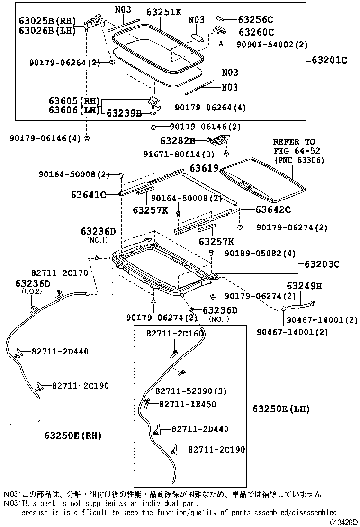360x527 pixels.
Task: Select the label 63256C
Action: point(256,20)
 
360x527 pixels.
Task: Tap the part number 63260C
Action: point(256,32)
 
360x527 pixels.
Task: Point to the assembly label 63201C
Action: point(329,60)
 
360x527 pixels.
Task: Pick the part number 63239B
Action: point(124,113)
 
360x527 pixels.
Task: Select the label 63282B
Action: point(177,141)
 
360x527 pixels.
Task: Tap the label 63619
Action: point(204,168)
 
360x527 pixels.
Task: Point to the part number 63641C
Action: point(89,194)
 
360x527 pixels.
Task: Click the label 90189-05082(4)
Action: point(256,254)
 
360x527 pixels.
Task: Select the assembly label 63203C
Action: point(322,264)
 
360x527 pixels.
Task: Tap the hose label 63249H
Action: point(304,286)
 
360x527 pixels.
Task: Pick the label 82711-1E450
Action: point(187,404)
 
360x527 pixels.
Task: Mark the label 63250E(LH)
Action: point(280,409)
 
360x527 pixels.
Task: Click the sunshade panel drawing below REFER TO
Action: point(263,179)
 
